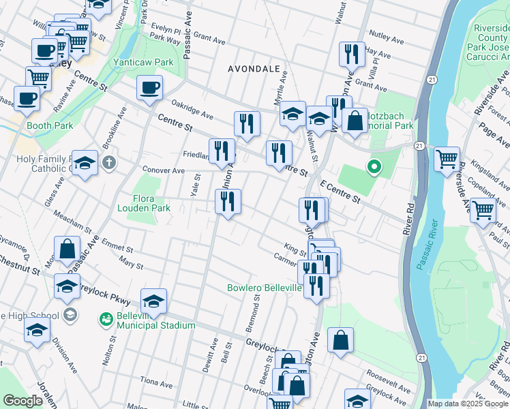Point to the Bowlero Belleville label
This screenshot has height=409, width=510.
[265, 288]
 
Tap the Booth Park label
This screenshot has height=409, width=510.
[50, 126]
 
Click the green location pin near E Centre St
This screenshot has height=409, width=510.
[374, 166]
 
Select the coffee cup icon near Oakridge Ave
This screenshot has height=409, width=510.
[150, 88]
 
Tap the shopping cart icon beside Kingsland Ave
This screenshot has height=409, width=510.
[447, 160]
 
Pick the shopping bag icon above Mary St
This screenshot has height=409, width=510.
[67, 250]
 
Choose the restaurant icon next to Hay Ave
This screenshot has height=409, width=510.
[351, 55]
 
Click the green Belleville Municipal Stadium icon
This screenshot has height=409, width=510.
[106, 319]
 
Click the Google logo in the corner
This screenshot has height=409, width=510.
[22, 401]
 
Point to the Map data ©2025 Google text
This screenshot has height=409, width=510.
[468, 404]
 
